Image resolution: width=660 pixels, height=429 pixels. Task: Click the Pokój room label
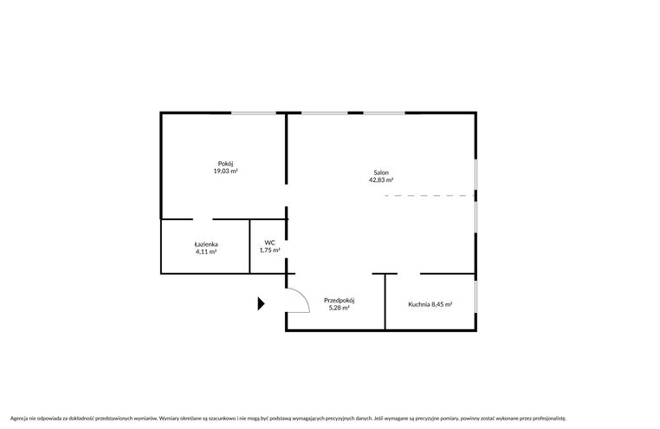click(225, 164)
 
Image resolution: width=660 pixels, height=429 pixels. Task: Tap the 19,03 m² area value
click(225, 171)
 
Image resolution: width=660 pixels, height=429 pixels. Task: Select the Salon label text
click(381, 172)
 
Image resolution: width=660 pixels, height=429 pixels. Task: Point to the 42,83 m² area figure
click(381, 179)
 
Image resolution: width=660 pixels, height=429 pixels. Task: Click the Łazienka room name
click(206, 244)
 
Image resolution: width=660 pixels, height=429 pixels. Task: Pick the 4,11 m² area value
click(206, 251)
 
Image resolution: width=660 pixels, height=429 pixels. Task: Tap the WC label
click(270, 243)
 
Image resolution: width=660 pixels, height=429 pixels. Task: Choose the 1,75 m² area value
click(270, 250)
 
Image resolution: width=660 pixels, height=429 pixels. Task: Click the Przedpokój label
click(340, 301)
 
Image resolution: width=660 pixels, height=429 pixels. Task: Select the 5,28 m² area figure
click(340, 308)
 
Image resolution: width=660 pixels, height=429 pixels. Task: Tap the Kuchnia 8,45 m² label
click(430, 304)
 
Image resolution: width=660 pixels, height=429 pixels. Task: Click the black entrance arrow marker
click(261, 303)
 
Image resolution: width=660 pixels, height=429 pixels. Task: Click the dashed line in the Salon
click(430, 196)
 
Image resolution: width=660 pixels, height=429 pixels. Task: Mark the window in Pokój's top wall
click(254, 113)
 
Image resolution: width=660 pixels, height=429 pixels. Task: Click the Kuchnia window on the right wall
click(476, 296)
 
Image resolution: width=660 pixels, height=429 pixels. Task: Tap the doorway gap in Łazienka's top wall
click(203, 219)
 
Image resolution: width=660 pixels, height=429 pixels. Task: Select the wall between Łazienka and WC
click(249, 247)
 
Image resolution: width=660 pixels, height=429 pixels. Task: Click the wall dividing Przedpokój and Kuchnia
click(385, 302)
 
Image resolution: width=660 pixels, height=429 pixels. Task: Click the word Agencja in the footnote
click(19, 419)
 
